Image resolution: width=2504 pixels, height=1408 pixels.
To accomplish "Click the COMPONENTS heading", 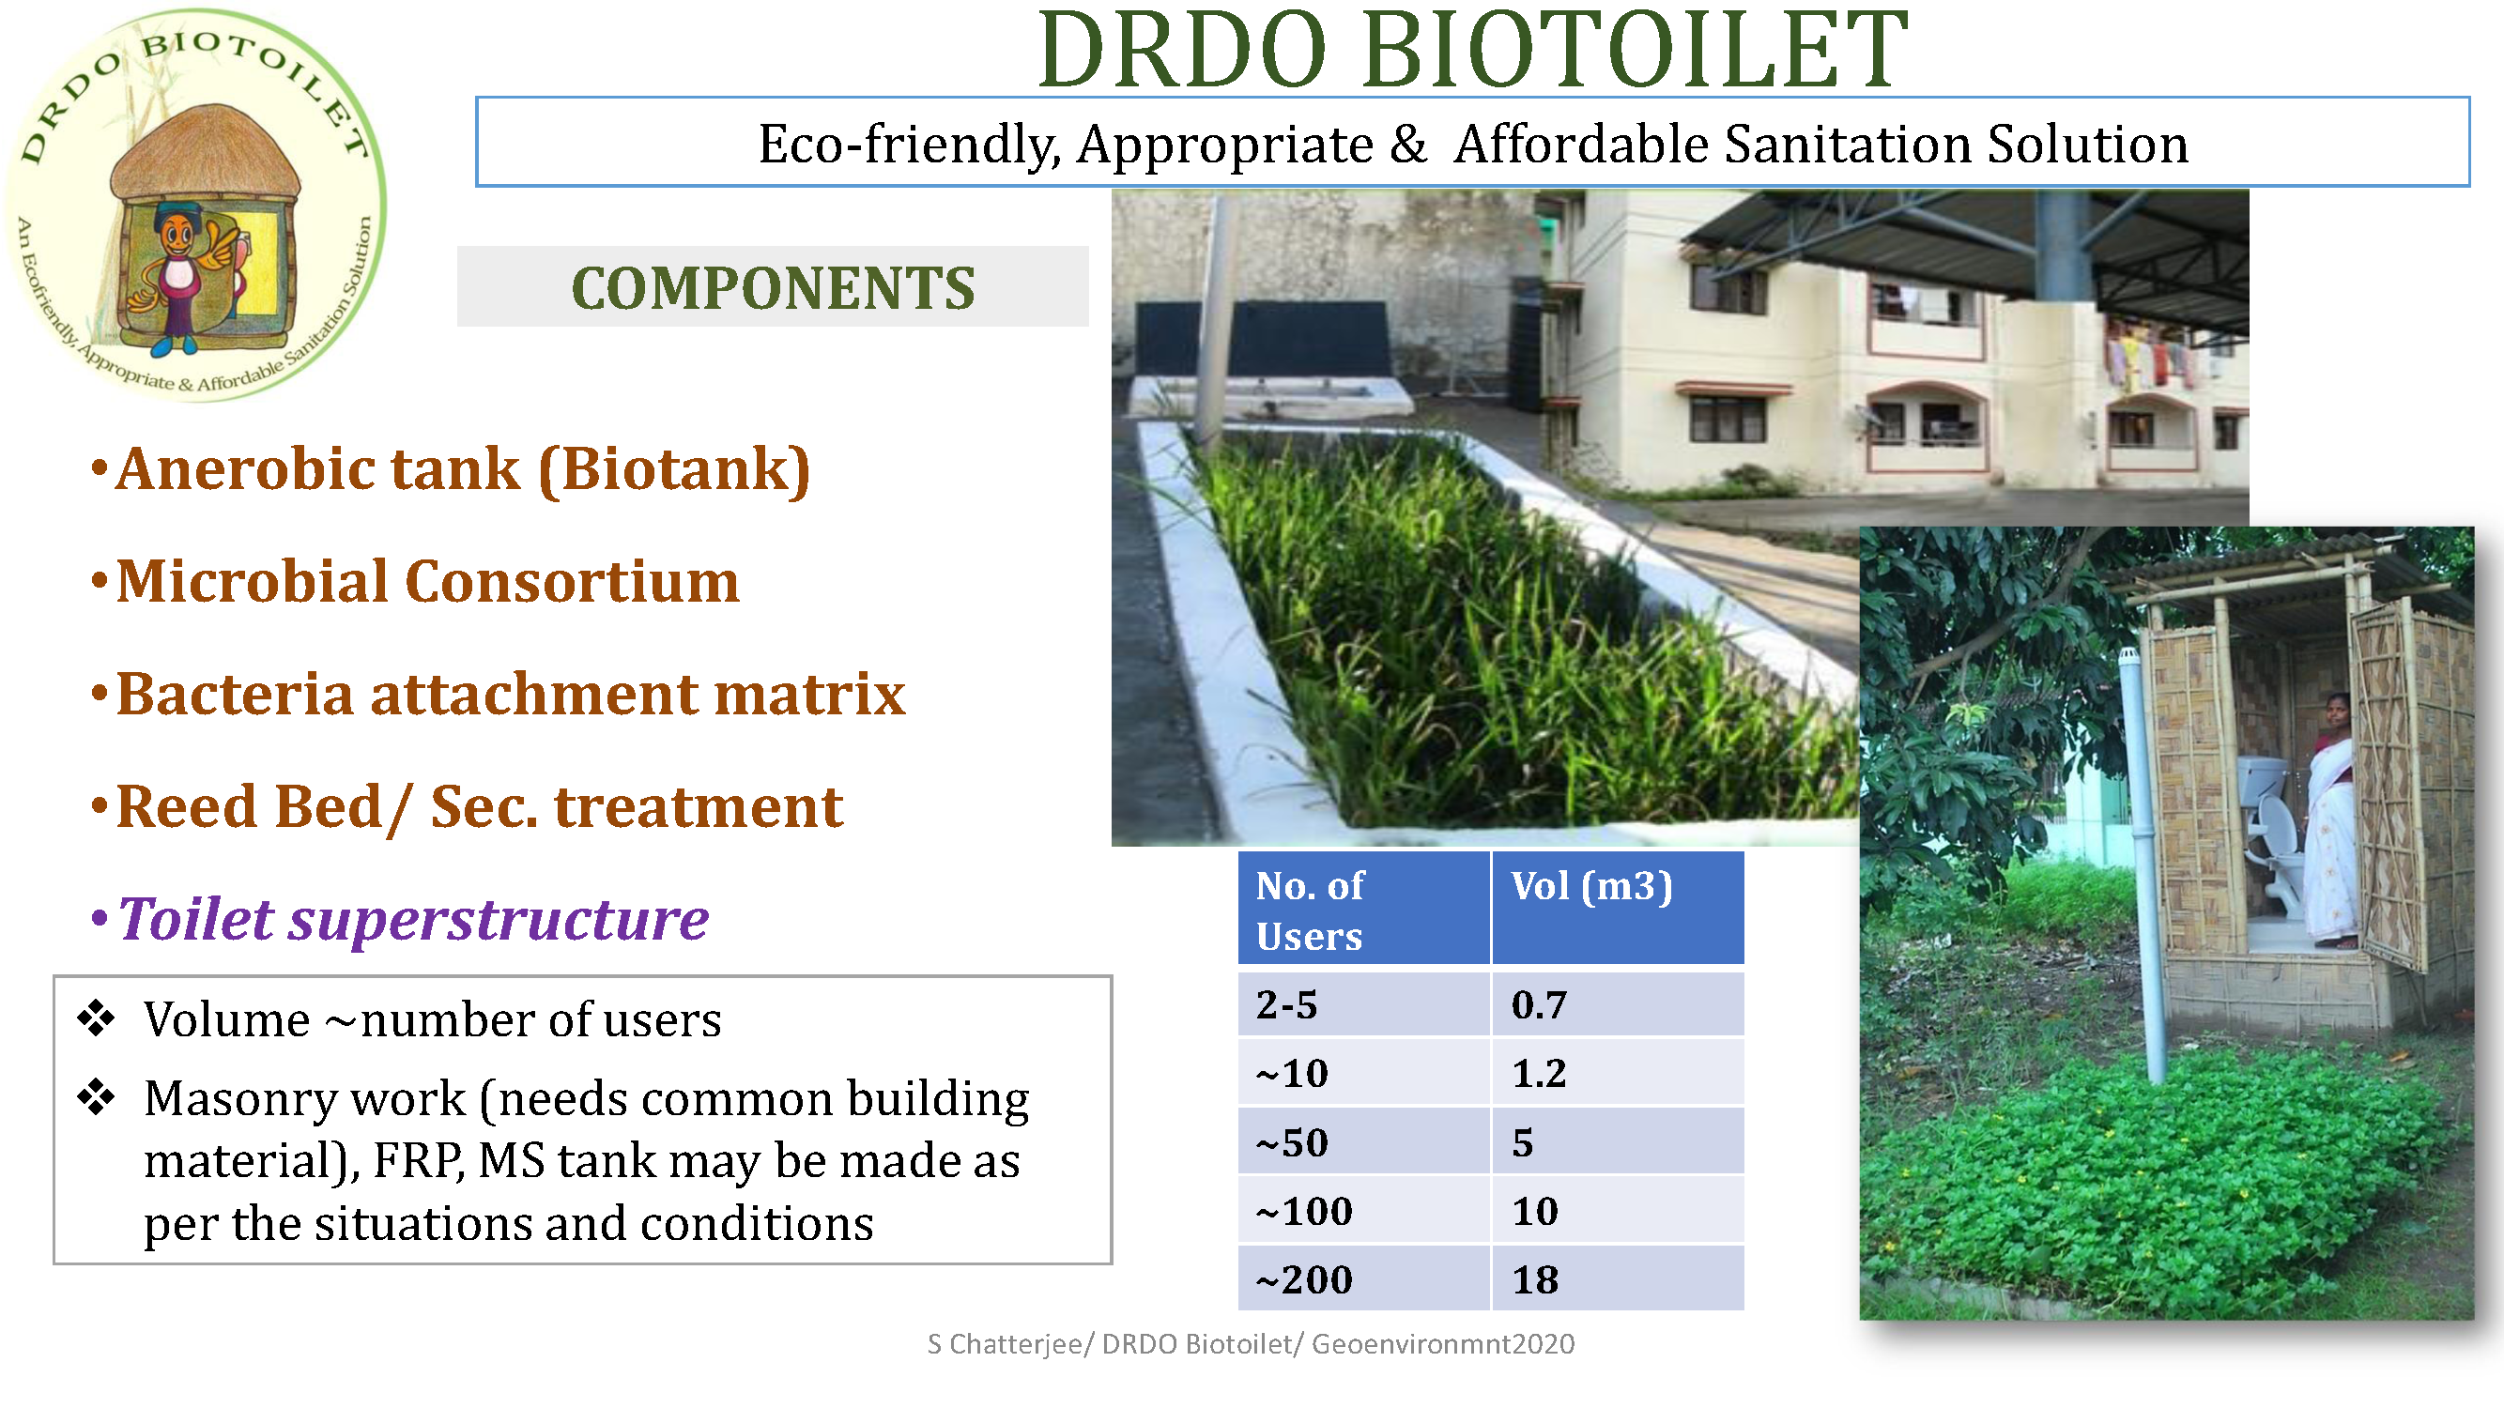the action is point(773,287).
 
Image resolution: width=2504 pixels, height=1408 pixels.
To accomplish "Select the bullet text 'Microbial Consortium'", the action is point(428,581).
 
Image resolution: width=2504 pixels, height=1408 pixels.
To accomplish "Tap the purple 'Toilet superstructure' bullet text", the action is point(413,919).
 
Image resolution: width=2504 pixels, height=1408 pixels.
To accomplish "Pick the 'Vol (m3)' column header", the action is point(1591,886).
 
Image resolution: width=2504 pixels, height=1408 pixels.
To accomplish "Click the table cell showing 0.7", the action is point(1539,1004).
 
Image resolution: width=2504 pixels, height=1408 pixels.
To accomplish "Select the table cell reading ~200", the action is point(1303,1279).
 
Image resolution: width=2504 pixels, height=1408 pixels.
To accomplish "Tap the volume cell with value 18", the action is point(1535,1279).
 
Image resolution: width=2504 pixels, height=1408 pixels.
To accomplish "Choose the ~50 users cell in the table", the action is point(1292,1142).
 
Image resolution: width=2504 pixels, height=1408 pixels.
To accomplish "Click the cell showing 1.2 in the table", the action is point(1539,1073).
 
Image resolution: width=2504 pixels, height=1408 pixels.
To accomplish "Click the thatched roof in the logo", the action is point(205,156).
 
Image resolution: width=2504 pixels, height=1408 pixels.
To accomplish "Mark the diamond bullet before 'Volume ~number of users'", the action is point(96,1018).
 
